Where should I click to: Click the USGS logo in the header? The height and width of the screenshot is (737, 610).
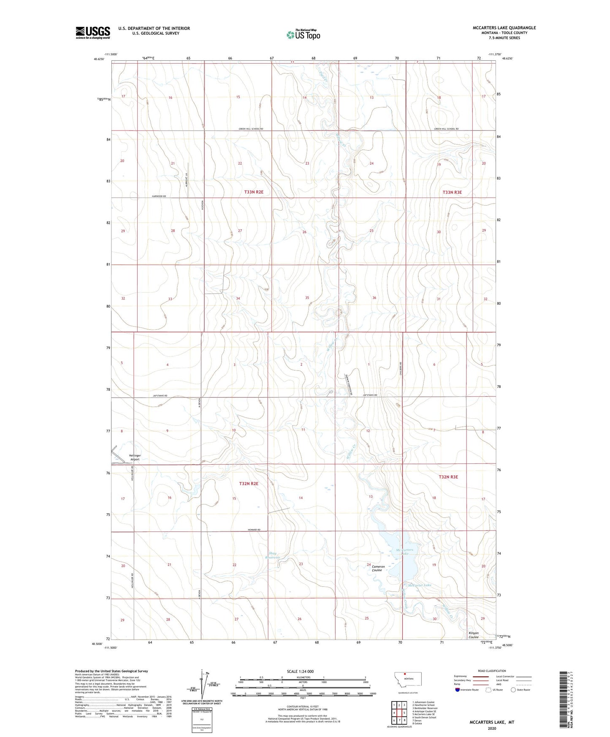[93, 33]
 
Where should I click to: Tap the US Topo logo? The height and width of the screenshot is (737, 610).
[303, 34]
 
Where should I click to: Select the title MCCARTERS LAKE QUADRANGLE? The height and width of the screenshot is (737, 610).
[504, 28]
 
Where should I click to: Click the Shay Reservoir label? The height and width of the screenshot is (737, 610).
[273, 555]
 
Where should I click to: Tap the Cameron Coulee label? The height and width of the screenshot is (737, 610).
[378, 569]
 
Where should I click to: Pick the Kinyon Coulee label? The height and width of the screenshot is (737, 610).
[473, 635]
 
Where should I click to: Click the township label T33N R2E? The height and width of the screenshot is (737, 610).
[254, 192]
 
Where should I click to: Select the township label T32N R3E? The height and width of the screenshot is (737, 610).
[448, 477]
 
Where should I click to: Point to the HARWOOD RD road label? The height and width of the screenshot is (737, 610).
[159, 196]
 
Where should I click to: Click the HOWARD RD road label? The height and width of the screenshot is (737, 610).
[254, 530]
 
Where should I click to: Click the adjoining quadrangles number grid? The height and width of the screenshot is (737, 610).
[399, 713]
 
